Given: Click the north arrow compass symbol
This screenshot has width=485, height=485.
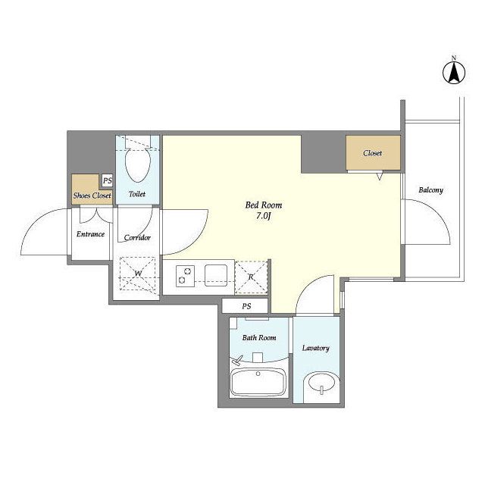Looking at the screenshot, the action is (x=454, y=73).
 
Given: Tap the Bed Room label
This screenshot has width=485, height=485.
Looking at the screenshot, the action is (x=264, y=205).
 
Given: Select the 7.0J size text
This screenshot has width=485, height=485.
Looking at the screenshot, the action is (x=264, y=216).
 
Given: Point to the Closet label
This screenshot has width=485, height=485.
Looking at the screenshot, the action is (x=372, y=153).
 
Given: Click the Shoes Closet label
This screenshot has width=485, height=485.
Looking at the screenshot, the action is (x=92, y=196).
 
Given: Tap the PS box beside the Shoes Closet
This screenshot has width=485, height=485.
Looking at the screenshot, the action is (x=108, y=180).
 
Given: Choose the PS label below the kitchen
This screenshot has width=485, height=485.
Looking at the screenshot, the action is (x=246, y=306).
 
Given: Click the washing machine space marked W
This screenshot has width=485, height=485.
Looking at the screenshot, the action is (x=138, y=274).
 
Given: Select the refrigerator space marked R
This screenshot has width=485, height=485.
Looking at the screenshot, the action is (x=251, y=277).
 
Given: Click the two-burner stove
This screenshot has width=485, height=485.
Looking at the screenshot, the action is (x=185, y=276).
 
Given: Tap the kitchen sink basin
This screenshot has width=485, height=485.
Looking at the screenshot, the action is (x=216, y=275).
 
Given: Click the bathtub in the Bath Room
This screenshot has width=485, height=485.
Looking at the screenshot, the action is (x=258, y=383).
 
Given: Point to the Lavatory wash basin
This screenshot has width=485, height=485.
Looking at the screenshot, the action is (x=320, y=384).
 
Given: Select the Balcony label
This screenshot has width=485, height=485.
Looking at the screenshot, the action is (x=430, y=190).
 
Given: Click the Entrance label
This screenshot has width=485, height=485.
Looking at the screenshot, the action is (x=90, y=234).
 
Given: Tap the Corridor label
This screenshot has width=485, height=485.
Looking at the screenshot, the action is (x=137, y=237).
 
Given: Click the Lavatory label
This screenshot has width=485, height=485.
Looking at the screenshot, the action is (x=315, y=349).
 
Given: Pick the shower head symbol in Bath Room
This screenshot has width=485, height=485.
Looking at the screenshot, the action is (x=237, y=361).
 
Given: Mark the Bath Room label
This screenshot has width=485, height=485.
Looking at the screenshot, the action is (x=259, y=338).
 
